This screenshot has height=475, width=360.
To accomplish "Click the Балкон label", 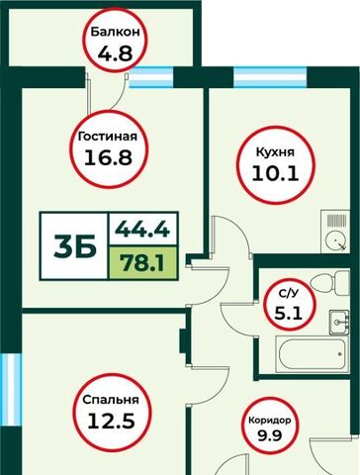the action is point(116,33).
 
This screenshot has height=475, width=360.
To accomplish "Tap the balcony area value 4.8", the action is point(115,53).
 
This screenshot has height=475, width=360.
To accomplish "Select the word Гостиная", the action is point(108,136).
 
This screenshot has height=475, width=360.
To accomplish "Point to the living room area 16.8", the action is point(108,157).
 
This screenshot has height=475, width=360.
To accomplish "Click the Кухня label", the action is point(275,152).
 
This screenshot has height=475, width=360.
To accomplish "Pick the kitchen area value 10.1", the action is point(275,173).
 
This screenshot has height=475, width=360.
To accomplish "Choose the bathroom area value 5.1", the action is point(289,313).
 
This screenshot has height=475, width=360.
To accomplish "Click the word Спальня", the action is point(111,400).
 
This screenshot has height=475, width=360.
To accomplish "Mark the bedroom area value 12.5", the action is point(111,421).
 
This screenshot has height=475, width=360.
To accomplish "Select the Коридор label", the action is point(270,421).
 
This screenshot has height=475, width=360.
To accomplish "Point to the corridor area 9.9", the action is point(270,435).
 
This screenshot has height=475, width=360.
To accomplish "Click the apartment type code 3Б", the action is point(75,246).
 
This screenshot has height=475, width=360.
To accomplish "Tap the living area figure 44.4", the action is point(142,229).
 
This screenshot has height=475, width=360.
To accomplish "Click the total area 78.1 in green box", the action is point(142,263).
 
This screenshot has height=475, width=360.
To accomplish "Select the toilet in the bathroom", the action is point(329,283).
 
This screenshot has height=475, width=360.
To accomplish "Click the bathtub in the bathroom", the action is point(312,354).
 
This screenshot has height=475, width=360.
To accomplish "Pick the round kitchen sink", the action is point(335,239).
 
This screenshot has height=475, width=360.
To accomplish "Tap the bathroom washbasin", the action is point(339,323).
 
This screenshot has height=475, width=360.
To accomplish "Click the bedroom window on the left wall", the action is point(11,389).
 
